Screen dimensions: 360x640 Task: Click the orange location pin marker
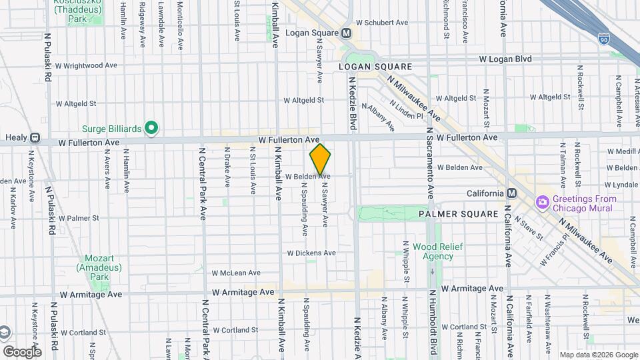click(320, 160)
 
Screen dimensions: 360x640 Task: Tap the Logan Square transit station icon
click(346, 33)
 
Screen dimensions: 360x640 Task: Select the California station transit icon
click(511, 193)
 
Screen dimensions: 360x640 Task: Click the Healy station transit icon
click(35, 138)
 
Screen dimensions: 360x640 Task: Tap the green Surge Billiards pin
click(151, 127)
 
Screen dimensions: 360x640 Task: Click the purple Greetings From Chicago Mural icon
click(542, 201)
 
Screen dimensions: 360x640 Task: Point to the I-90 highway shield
click(603, 39)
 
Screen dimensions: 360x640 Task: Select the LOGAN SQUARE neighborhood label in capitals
click(375, 67)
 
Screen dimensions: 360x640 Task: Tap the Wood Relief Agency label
click(433, 251)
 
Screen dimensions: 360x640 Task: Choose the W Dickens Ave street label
click(311, 253)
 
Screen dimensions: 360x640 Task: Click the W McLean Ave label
click(236, 273)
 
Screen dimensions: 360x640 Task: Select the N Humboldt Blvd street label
click(433, 324)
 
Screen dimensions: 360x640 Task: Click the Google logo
click(22, 351)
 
